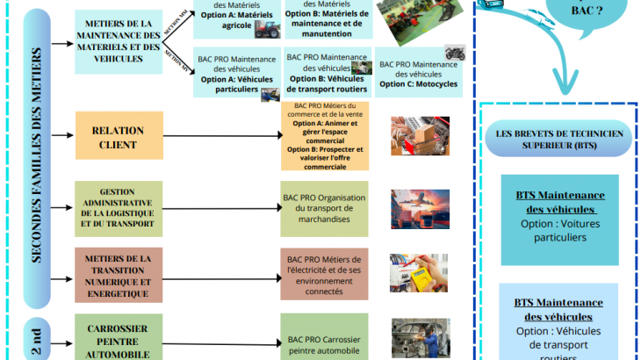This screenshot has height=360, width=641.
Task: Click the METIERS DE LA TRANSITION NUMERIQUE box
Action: click(x=119, y=276)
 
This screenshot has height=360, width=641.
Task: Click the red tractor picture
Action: click(x=267, y=29)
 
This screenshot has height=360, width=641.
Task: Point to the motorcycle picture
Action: click(x=454, y=53)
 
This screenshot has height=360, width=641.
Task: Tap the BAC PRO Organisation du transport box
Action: click(x=325, y=208)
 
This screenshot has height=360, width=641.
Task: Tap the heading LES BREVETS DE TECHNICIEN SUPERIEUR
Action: click(x=559, y=139)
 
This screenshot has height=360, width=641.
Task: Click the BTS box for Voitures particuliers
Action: click(x=559, y=220)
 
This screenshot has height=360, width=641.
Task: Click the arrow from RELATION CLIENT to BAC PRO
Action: click(x=220, y=136)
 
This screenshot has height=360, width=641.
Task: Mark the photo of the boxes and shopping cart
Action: click(x=420, y=137)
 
